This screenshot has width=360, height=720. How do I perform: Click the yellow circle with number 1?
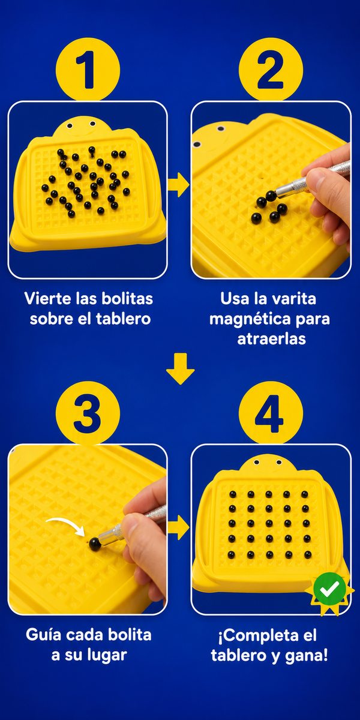tap(88, 70)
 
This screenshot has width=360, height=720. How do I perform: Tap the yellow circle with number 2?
tap(271, 70)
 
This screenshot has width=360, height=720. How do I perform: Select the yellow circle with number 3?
tap(88, 413)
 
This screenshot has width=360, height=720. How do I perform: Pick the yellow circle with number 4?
tap(271, 413)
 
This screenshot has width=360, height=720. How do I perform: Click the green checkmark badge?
tap(329, 589)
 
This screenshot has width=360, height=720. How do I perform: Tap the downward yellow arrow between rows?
tap(181, 368)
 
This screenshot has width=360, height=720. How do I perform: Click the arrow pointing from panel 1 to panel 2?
tap(179, 185)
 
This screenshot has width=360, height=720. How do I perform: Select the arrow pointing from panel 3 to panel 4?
tap(179, 527)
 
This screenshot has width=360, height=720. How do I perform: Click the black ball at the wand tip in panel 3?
tap(95, 544)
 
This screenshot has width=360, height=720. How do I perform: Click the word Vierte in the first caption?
tap(48, 298)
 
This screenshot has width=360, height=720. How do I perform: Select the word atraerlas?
tap(272, 339)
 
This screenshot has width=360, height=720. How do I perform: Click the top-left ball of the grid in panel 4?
tap(233, 494)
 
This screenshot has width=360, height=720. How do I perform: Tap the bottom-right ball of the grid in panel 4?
tap(308, 554)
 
